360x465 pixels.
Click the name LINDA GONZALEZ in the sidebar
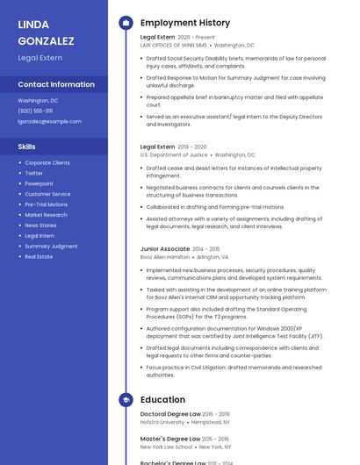click(x=46, y=32)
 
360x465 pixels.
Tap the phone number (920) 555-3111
click(x=35, y=111)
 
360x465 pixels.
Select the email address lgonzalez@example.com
click(x=49, y=121)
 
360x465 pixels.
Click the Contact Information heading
click(x=56, y=84)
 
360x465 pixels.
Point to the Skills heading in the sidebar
click(x=27, y=147)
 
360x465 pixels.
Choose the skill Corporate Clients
click(x=47, y=162)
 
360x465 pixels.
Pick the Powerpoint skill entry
click(x=40, y=183)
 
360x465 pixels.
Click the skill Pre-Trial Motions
click(x=47, y=204)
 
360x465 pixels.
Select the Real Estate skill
click(x=39, y=257)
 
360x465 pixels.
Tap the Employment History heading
click(x=185, y=23)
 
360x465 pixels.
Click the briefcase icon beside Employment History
click(x=126, y=23)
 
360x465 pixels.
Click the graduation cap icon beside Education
click(x=126, y=399)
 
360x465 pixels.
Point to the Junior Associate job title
click(x=164, y=249)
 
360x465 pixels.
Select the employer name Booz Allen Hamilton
click(x=165, y=257)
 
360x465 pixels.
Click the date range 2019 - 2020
click(x=192, y=147)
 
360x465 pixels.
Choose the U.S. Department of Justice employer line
click(x=174, y=154)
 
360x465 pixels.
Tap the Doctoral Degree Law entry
click(x=170, y=413)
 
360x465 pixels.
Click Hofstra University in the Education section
click(x=162, y=422)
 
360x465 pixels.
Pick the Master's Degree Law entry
click(x=169, y=438)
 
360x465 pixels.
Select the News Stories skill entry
click(x=41, y=225)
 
